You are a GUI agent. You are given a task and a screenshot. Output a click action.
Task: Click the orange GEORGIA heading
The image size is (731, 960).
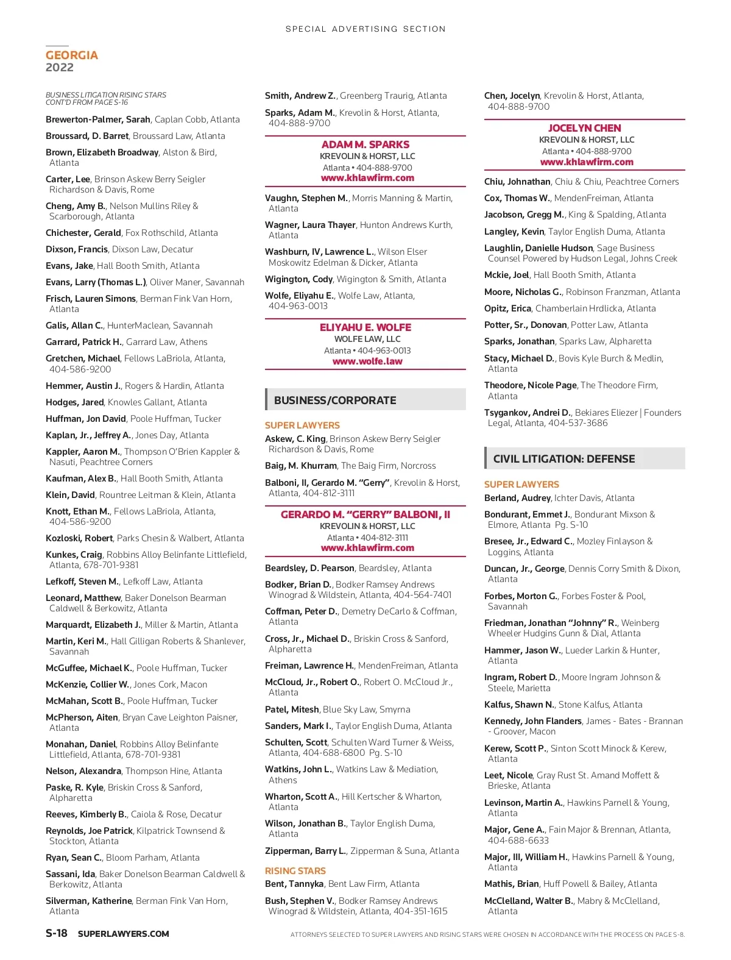click(71, 55)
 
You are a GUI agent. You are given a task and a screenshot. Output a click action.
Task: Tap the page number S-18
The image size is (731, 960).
click(57, 933)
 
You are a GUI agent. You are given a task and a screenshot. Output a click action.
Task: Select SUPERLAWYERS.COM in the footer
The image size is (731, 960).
click(124, 934)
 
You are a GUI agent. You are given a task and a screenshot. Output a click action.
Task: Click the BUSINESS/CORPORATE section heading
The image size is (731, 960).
click(335, 400)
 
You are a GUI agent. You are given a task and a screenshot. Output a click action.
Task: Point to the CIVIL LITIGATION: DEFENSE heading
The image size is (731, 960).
click(563, 459)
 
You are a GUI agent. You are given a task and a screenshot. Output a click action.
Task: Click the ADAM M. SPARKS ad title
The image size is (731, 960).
click(365, 144)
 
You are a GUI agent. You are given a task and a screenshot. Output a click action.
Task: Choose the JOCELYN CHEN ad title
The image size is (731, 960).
click(584, 128)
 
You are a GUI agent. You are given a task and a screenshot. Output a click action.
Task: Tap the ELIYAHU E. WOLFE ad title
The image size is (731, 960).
click(365, 327)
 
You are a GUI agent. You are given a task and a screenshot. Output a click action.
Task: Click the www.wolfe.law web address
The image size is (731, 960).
click(367, 361)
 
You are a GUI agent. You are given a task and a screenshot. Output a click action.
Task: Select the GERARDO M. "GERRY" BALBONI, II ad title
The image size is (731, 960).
click(365, 514)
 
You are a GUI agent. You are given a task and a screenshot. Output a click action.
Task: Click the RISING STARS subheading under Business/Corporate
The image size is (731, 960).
click(295, 871)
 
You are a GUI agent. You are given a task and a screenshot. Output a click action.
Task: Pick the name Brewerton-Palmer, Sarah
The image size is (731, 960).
click(98, 119)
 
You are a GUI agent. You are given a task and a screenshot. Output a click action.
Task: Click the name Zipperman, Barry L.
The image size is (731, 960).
click(305, 851)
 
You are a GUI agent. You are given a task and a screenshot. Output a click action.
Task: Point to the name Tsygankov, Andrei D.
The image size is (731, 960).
click(528, 413)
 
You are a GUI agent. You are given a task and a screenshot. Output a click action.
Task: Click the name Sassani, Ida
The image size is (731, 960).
click(70, 874)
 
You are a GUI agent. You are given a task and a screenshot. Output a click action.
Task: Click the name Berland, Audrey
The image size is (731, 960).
click(517, 498)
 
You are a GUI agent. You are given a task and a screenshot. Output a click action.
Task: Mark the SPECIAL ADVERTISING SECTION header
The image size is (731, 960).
click(365, 29)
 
